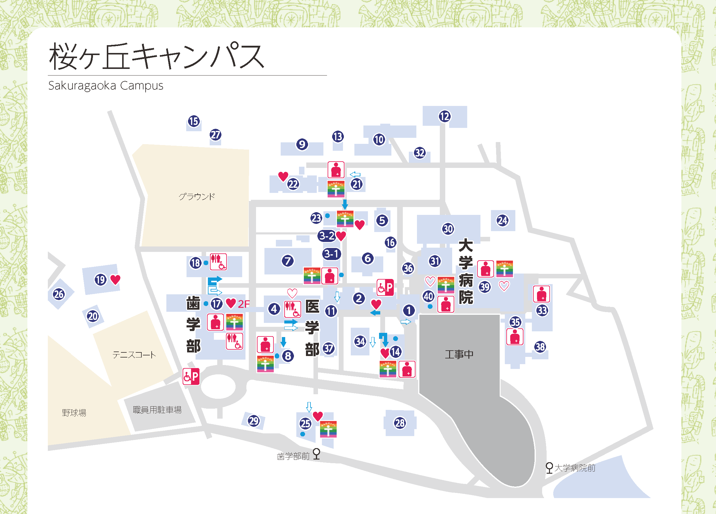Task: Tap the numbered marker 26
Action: [x=59, y=294]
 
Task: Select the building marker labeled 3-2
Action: [x=326, y=236]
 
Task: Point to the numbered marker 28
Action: [x=400, y=423]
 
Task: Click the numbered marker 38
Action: [x=540, y=347]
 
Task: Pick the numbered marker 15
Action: [x=193, y=121]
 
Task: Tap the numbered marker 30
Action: [x=448, y=229]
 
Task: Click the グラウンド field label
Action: [x=197, y=197]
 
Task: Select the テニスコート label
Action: [x=134, y=355]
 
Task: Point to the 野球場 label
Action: [x=74, y=413]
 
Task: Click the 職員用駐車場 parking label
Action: [x=157, y=410]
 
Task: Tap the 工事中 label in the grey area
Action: [x=459, y=354]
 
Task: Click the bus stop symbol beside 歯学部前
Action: [x=316, y=454]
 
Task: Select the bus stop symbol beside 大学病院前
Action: [x=549, y=468]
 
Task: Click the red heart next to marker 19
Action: [x=116, y=279]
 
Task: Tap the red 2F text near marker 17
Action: [x=243, y=304]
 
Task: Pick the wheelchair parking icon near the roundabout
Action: [x=191, y=376]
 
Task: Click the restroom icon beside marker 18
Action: [x=218, y=262]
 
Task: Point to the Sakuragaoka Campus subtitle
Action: [x=106, y=85]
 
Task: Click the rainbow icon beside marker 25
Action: [x=328, y=429]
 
